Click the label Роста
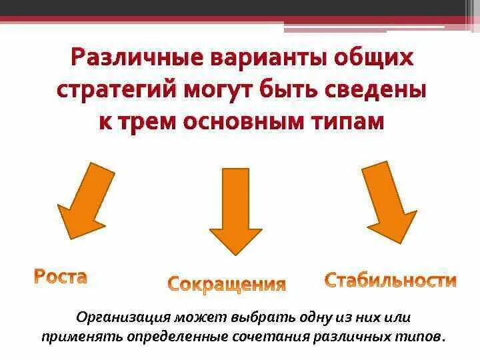tap(61, 277)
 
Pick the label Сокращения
tap(227, 284)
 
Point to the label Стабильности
tap(391, 280)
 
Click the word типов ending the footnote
tap(420, 336)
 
